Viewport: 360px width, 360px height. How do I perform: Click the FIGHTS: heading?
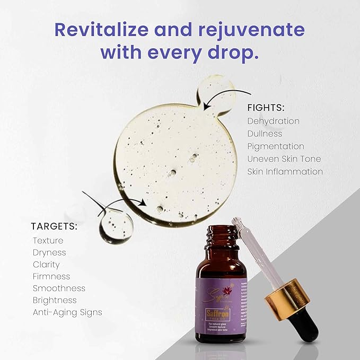point(265,108)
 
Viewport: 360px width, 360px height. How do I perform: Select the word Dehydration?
point(273,121)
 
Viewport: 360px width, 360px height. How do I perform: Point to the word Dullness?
point(265,134)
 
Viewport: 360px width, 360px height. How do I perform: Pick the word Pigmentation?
point(276,146)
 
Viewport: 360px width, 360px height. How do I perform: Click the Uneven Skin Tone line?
point(284,159)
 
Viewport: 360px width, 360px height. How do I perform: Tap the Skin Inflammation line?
point(285,172)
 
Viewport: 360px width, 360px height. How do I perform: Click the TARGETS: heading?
point(54,227)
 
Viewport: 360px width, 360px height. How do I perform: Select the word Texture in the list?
point(48,240)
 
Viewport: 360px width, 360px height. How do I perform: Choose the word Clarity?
point(46,265)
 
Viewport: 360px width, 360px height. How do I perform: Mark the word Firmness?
point(51,276)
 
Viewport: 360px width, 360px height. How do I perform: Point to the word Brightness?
point(55,300)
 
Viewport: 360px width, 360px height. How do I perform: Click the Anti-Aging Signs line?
point(67,312)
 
